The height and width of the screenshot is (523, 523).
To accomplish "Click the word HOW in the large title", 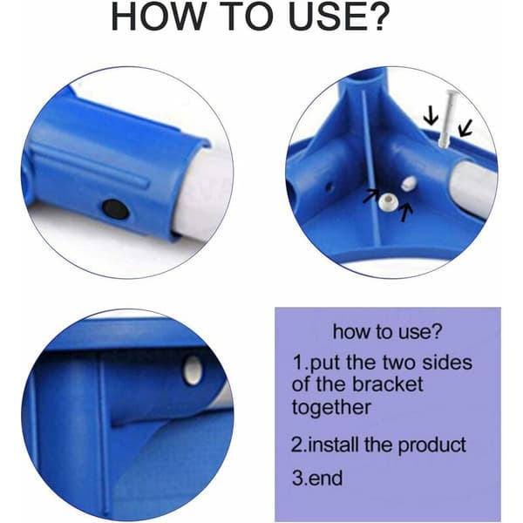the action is point(158,17).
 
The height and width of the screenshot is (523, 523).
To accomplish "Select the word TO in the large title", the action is point(246,17).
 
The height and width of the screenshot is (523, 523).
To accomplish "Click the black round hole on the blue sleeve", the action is point(115,208).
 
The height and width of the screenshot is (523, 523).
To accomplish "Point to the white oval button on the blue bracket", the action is point(193,370).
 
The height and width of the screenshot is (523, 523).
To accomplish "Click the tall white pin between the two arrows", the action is point(447,118).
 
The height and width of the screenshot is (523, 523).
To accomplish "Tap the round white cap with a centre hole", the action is point(388,201).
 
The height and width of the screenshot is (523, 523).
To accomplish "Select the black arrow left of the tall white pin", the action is point(431,118).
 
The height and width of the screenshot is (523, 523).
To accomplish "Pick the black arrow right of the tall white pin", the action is point(465,128).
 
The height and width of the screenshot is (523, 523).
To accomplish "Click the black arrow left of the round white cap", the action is point(371,196).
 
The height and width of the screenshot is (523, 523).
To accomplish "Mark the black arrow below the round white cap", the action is point(406,213).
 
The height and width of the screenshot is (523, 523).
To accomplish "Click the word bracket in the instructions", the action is point(388,384).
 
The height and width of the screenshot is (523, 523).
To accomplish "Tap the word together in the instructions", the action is point(331,407).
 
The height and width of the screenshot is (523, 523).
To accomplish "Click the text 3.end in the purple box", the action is point(317,478).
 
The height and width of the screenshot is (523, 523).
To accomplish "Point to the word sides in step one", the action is point(447,363).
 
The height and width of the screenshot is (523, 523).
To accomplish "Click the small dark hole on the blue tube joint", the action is point(329,187).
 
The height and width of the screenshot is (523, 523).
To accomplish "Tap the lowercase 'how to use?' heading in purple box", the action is point(387,331).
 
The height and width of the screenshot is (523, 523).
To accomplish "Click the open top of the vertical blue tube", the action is point(365,76).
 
